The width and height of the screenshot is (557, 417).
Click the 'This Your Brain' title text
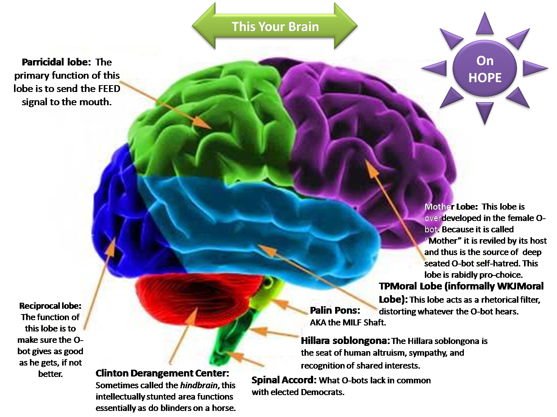point(275,26)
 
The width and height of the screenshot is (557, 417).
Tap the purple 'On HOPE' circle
point(485,69)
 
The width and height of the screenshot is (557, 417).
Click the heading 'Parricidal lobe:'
point(56,62)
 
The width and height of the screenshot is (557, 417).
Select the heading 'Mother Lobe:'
point(451,207)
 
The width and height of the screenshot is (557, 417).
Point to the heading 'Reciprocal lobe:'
point(50,306)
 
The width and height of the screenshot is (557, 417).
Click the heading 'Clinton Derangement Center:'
point(162,373)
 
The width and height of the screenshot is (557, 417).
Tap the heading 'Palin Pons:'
point(335,310)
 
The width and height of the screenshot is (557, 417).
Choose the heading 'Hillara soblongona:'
point(345,341)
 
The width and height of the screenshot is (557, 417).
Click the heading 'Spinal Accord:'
point(284,380)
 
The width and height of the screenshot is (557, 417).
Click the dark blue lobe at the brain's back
point(117,212)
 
